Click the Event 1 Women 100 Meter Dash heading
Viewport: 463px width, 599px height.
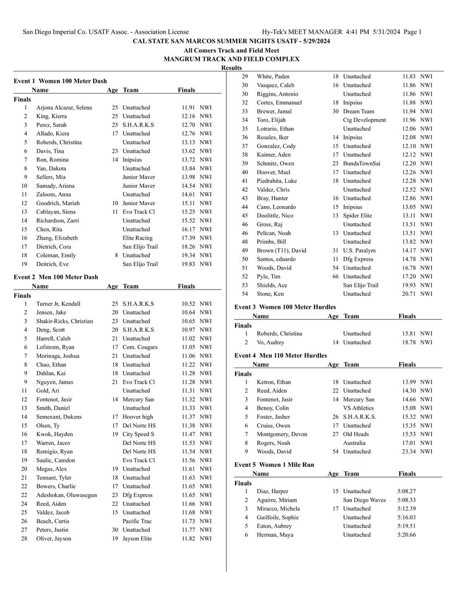60,81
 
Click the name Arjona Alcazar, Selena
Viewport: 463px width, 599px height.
64,107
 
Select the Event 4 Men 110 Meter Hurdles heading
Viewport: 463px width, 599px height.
280,355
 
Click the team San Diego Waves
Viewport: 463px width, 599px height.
364,500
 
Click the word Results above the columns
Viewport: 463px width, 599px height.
232,68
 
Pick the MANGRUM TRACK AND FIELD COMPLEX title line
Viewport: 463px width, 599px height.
232,59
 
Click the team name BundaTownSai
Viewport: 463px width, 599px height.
362,164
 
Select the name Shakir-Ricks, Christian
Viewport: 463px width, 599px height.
65,321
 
